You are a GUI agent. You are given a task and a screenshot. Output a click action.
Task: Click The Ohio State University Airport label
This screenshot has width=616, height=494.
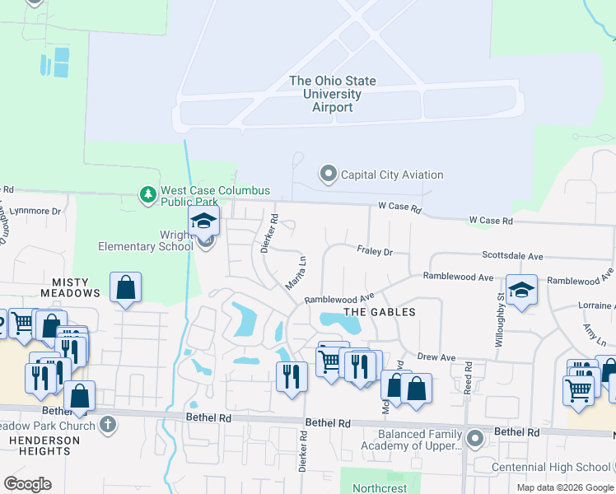click(333, 94)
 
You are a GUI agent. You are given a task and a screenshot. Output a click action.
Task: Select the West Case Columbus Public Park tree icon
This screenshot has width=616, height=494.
click(147, 194)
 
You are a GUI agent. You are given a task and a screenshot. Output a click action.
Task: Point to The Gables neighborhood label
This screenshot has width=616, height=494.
click(380, 312)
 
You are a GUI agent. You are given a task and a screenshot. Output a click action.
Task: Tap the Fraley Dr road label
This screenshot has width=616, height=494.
click(375, 250)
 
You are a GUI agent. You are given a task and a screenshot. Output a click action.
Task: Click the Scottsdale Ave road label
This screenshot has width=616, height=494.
click(512, 256)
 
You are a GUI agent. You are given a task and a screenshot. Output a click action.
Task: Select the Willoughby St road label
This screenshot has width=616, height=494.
click(500, 320)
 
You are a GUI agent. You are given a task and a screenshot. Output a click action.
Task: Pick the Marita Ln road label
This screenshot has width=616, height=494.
click(290, 271)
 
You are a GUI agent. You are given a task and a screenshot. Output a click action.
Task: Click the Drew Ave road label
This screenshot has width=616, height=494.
click(436, 357)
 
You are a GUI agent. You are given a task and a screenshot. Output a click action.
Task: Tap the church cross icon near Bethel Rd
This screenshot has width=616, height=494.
click(106, 425)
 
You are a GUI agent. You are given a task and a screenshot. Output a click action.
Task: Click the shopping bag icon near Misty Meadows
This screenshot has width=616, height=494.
click(125, 288)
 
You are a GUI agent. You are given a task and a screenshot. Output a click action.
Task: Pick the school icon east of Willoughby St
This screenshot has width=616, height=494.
click(521, 290)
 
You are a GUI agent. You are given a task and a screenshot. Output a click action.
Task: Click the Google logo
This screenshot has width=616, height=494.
click(27, 484)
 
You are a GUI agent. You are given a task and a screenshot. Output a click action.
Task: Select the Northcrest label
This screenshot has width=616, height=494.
click(380, 488)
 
